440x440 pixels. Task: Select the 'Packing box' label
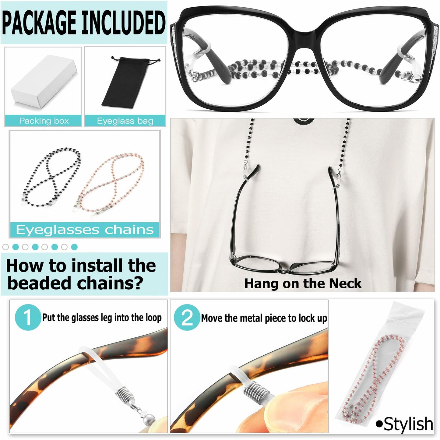point(44,121)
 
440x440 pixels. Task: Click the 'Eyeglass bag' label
point(125,121)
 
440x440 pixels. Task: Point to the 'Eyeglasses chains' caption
point(85,230)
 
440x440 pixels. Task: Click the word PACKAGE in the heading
point(40,23)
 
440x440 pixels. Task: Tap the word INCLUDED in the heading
point(124,23)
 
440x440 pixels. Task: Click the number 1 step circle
point(28,317)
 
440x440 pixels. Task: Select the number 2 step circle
point(187,317)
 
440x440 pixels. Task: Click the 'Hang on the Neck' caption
point(303,283)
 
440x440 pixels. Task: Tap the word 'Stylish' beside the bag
point(408,424)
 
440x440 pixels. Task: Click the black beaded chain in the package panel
point(52,177)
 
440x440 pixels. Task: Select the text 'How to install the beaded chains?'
point(81,274)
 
